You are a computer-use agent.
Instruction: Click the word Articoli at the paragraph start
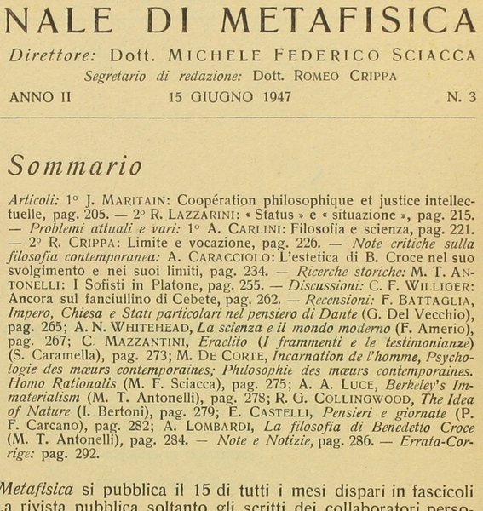click(x=35, y=198)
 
